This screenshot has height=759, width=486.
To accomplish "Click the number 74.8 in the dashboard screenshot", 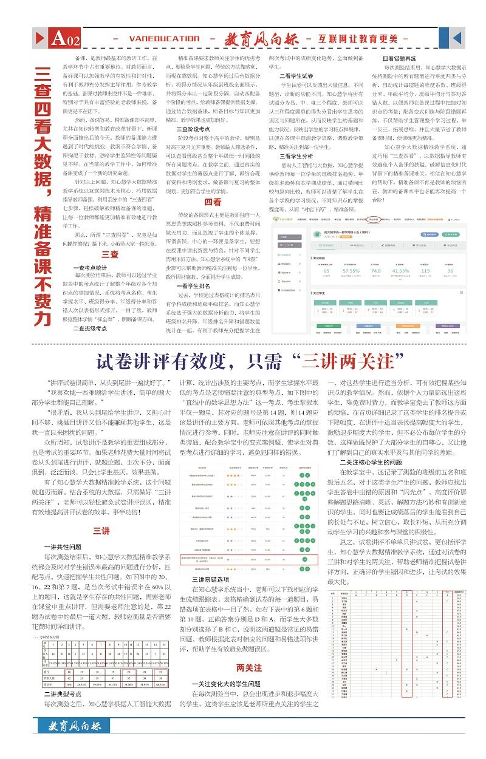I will click(375, 272).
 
